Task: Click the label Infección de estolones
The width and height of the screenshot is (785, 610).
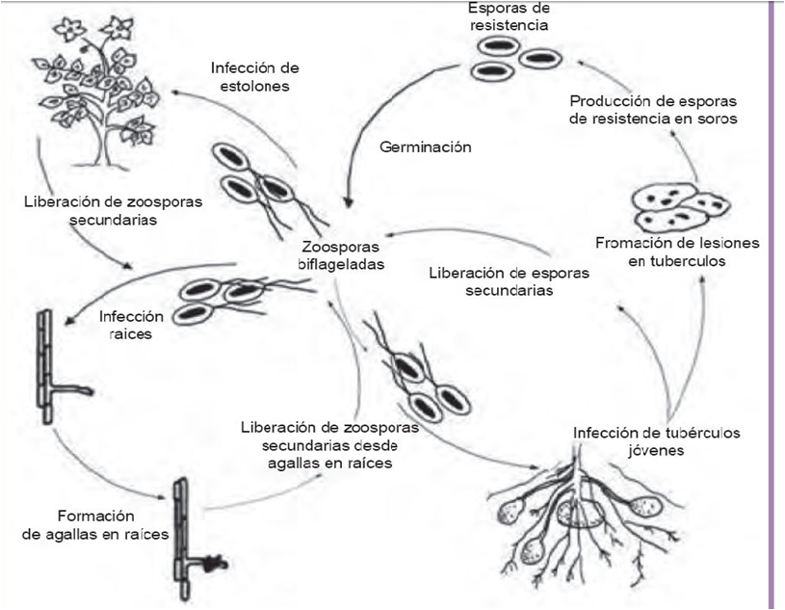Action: (x=255, y=77)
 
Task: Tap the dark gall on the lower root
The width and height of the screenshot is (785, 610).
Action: (x=214, y=557)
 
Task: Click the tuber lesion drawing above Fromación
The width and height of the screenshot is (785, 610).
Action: (x=680, y=205)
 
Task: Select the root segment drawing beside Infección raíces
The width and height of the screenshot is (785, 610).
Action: (x=44, y=366)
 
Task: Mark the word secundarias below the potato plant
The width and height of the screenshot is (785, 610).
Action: (x=98, y=219)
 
